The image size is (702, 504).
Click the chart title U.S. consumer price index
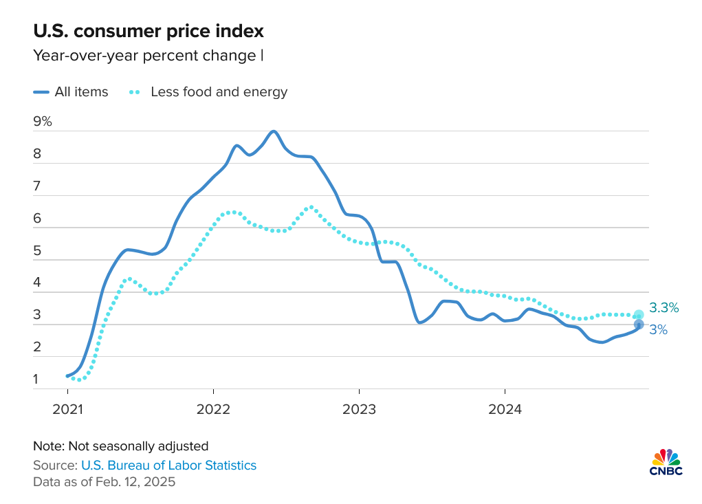click(148, 31)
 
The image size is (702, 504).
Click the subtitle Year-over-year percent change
click(144, 56)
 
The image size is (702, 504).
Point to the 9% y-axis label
click(43, 122)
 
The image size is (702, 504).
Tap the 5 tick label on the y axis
click(37, 251)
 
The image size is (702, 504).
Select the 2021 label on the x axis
click(68, 410)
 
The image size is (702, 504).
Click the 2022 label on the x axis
click(213, 410)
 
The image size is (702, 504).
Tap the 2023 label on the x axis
click(359, 410)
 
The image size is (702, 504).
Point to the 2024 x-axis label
click(504, 410)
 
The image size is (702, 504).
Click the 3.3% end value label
click(664, 307)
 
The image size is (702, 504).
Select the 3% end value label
click(659, 329)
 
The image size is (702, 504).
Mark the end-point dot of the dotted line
click(639, 315)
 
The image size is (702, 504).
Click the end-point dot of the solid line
click(639, 325)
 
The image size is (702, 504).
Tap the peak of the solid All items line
click(274, 131)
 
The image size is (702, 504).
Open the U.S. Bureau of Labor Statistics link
click(168, 465)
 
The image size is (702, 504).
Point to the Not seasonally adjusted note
click(120, 446)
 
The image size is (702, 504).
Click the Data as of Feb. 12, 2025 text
click(104, 482)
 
